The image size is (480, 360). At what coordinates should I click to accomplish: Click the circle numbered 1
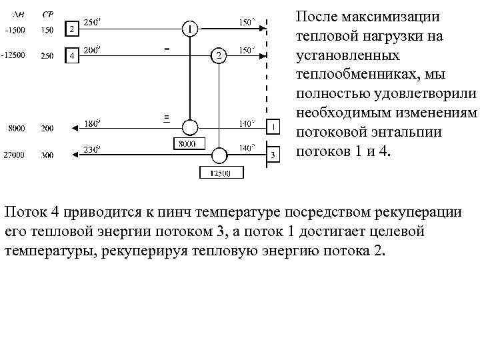click(x=190, y=29)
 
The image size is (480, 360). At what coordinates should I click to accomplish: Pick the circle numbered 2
click(x=219, y=55)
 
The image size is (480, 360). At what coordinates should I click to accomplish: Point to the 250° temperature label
click(x=91, y=22)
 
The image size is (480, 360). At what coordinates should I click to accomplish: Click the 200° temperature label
click(x=91, y=49)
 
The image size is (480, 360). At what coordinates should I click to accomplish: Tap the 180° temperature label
click(x=91, y=122)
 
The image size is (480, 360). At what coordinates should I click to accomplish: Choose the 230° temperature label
click(x=91, y=149)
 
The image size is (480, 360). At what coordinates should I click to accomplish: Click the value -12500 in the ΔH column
click(x=14, y=55)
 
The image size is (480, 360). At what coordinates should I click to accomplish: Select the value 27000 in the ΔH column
click(x=13, y=155)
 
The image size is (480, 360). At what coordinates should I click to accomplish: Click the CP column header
click(x=47, y=14)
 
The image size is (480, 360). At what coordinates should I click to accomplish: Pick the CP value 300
click(x=47, y=155)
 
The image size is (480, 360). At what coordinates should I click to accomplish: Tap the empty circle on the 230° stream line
click(x=219, y=155)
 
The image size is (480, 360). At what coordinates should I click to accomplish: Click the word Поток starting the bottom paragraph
click(x=24, y=212)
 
